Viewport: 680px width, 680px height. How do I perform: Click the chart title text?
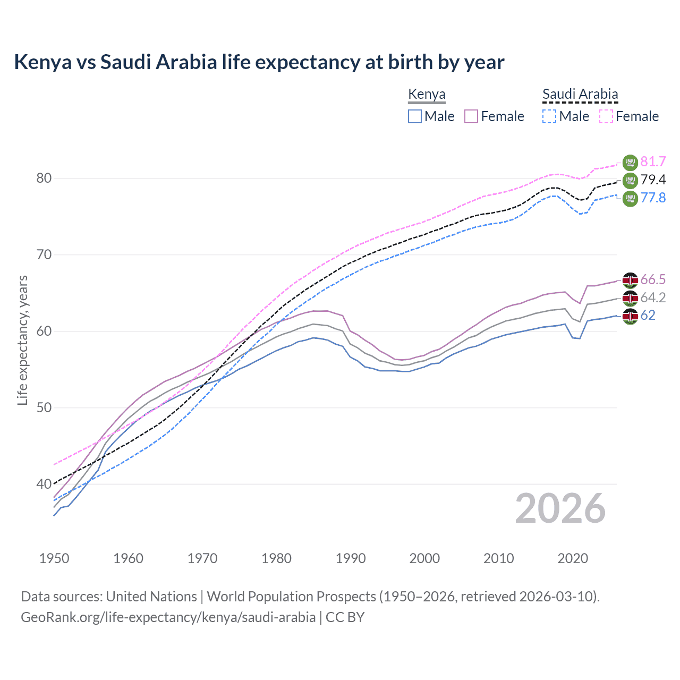click(259, 62)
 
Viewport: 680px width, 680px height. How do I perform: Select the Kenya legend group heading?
click(427, 95)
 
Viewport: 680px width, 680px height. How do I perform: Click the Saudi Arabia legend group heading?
click(580, 95)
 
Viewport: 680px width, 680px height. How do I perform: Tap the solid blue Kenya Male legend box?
click(415, 116)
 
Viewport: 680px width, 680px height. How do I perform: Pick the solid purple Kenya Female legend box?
click(471, 116)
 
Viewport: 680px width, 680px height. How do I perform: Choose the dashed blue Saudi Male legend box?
click(549, 116)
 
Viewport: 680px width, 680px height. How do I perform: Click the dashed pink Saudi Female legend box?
click(606, 116)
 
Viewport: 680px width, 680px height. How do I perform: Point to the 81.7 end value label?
click(653, 162)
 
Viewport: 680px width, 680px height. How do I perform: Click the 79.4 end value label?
click(653, 180)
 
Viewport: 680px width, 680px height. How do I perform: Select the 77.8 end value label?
click(653, 198)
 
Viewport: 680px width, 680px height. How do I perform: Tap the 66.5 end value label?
click(653, 280)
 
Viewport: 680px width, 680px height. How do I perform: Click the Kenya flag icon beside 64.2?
click(630, 298)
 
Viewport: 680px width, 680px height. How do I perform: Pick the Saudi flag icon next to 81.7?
click(630, 162)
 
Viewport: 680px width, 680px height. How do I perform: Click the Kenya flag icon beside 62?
click(630, 316)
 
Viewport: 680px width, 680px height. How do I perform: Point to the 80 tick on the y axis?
click(44, 178)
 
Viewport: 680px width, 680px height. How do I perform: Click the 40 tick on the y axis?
click(44, 484)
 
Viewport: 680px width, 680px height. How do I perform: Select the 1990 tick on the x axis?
click(351, 558)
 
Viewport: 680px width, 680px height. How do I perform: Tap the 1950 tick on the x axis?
click(55, 558)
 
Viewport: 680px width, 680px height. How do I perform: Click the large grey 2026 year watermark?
click(560, 508)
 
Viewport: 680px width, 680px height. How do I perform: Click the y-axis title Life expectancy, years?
click(23, 340)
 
